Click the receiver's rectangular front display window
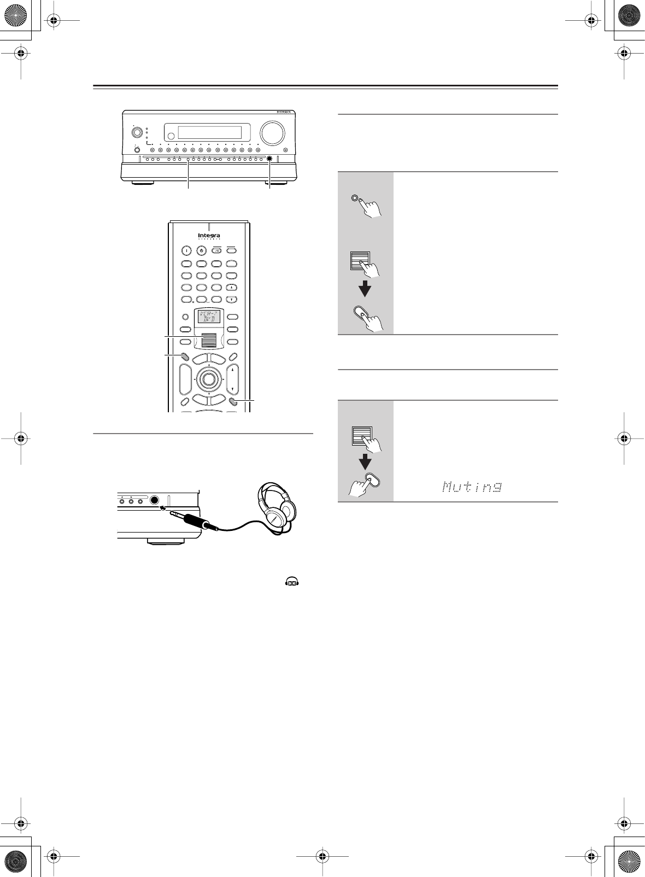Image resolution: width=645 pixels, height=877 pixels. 210,133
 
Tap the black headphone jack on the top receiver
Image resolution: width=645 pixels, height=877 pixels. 270,160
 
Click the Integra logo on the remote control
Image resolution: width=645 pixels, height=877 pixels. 209,236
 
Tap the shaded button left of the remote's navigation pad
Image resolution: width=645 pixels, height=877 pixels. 185,356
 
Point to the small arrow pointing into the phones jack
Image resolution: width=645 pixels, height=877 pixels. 162,507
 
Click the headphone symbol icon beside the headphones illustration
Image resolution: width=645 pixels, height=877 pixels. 292,583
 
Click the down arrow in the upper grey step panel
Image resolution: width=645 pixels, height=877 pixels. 365,289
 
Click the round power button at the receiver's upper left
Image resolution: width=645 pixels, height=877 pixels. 137,132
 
